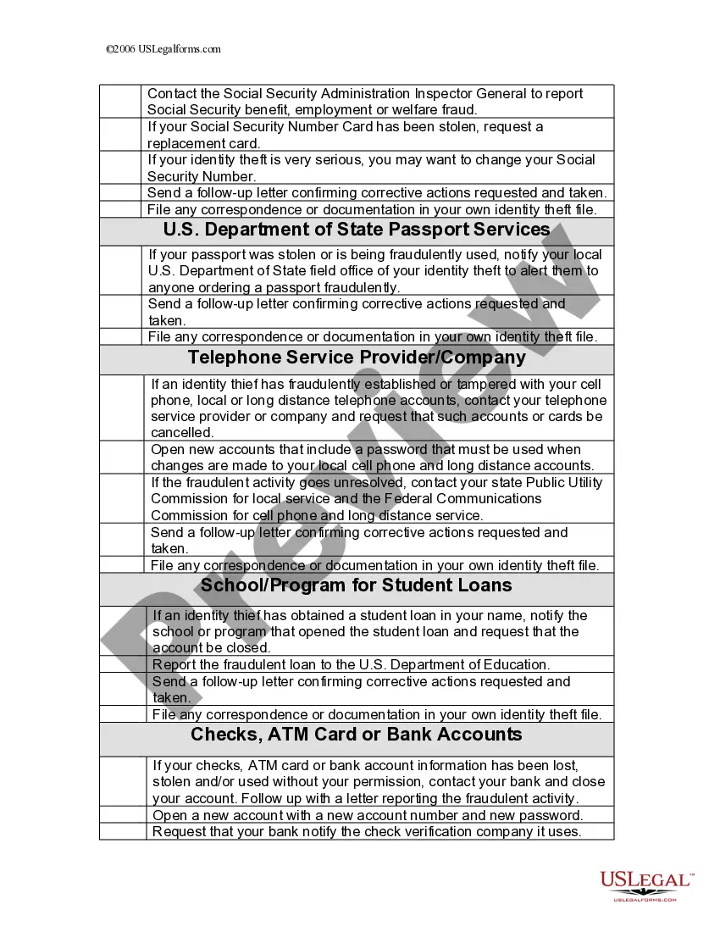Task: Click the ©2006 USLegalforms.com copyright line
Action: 163,49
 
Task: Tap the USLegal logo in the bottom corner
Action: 646,886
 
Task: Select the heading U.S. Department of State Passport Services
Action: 357,230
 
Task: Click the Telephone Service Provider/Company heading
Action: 357,358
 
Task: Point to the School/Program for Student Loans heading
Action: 357,585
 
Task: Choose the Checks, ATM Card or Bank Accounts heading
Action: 357,734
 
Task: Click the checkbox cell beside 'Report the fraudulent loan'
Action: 123,664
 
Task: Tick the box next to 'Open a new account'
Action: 123,815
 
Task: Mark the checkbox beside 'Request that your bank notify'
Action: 123,831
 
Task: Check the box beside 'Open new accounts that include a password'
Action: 123,458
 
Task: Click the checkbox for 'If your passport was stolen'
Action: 121,270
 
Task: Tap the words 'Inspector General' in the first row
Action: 472,93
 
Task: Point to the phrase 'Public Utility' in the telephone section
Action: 562,482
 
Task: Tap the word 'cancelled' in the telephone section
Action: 182,432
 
